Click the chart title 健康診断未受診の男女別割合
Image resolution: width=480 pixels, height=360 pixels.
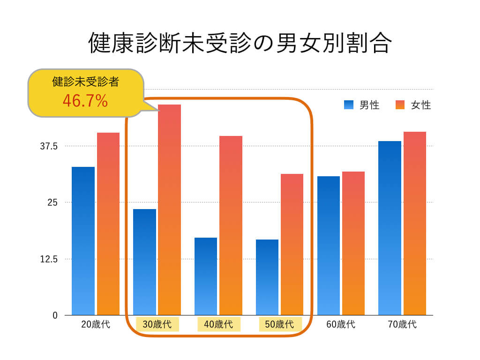240,43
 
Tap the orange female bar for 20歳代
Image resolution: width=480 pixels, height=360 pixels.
108,224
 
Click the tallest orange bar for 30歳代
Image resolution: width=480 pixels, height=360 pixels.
169,210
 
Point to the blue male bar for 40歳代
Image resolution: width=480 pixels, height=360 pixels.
206,276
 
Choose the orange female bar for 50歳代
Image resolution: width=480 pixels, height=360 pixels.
292,244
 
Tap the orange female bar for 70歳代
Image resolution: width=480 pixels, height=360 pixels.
415,223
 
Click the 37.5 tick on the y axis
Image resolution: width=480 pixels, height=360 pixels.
49,146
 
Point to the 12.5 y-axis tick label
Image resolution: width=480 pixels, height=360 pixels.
49,259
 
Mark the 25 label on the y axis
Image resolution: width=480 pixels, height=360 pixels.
52,202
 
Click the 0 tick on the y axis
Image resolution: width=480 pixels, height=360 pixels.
55,316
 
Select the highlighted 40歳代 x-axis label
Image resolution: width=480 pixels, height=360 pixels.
219,324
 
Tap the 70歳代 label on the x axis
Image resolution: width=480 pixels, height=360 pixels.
402,324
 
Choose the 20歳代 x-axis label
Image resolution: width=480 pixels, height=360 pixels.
96,324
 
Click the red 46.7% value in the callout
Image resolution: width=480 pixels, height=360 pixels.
85,100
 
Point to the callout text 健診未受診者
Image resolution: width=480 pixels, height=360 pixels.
85,82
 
